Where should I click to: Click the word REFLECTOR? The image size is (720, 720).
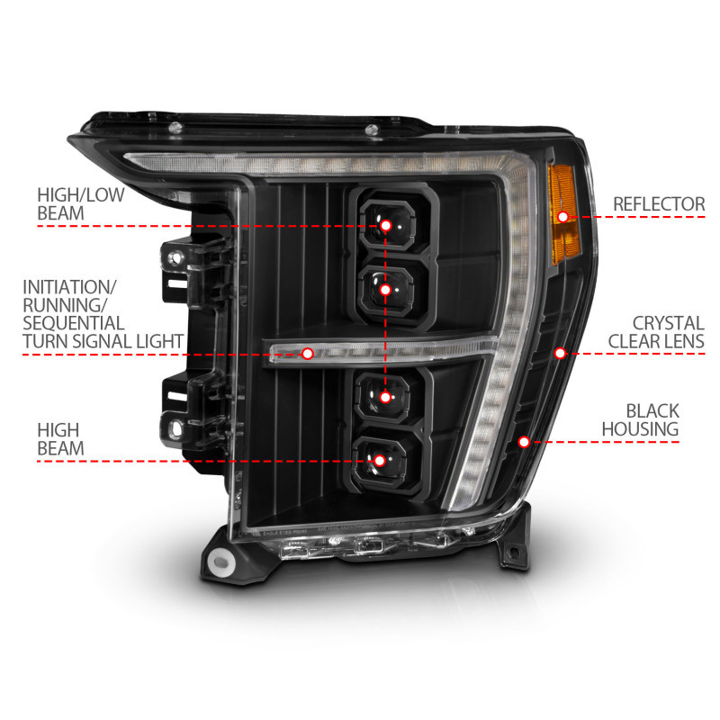coord(658,204)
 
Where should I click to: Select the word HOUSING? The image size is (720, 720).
coord(641,429)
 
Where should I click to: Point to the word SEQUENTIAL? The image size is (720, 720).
coord(74,322)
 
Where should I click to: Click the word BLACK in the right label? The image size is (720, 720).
coord(653,411)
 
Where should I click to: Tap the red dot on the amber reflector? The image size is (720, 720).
coord(563,216)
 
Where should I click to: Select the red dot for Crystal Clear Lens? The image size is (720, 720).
coord(560,353)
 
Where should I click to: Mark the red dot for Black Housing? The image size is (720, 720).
coord(525,441)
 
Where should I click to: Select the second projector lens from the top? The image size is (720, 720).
coord(386,290)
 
